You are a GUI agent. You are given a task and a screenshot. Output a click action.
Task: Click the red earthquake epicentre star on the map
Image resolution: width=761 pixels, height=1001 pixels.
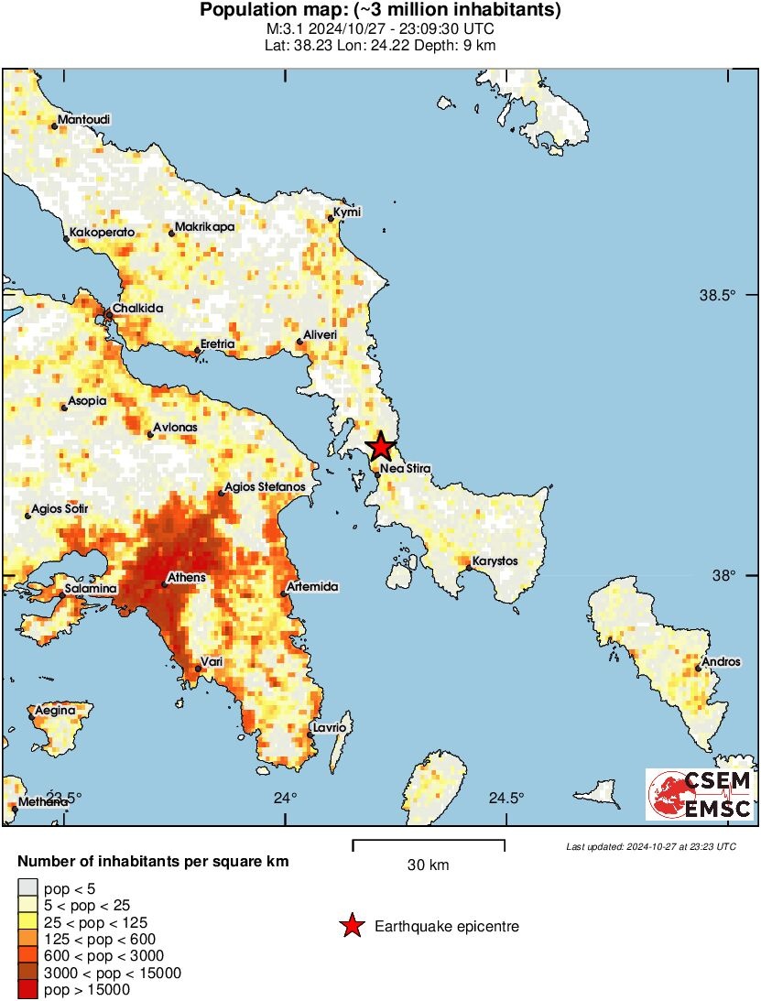point(380,447)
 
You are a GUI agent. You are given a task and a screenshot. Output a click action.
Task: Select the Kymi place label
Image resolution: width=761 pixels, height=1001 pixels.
point(348,212)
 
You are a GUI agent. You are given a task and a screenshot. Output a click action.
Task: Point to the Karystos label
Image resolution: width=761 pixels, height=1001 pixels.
point(495,561)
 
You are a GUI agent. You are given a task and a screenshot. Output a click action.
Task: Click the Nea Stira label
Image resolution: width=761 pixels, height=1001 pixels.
point(405,469)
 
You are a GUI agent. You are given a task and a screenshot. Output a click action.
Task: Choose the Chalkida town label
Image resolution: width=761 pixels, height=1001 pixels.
point(138,309)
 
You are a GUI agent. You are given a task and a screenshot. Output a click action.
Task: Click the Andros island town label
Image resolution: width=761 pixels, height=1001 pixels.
point(720,662)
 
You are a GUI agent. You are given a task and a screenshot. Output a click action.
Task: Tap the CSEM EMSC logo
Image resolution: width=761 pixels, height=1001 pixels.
point(701,794)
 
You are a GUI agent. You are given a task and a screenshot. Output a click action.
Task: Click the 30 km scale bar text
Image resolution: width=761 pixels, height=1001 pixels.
point(428,865)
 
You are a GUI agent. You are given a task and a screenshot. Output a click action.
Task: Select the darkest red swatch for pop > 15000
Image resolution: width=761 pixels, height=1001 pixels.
point(28,989)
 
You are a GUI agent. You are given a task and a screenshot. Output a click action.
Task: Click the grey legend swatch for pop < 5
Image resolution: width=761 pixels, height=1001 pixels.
point(28,887)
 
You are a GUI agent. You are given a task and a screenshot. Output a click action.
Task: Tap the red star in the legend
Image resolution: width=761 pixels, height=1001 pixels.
point(352,927)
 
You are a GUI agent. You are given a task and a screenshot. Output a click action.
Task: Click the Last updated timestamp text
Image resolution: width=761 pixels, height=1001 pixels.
point(650,846)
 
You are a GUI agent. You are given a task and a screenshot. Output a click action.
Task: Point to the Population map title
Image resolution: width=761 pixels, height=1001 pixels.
point(380,11)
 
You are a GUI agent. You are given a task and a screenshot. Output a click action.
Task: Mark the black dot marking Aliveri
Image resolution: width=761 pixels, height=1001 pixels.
point(299,343)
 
